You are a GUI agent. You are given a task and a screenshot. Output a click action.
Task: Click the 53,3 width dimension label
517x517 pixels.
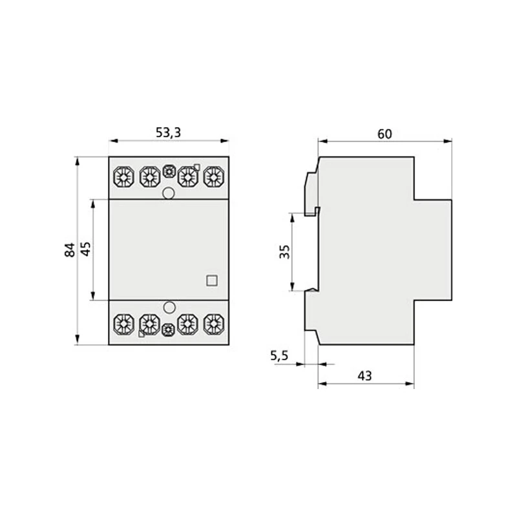[x=168, y=132]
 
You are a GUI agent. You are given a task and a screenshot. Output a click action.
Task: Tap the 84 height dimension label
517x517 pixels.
[x=70, y=249]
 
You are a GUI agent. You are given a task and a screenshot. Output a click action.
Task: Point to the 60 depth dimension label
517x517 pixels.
[x=385, y=134]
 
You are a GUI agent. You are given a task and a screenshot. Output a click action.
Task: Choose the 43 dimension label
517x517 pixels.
[x=364, y=375]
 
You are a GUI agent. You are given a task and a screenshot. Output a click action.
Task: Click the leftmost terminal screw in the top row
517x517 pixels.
[x=122, y=175]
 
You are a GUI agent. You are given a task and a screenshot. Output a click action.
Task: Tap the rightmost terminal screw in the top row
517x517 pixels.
[x=211, y=175]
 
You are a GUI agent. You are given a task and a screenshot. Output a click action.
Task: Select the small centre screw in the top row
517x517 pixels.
[x=169, y=172]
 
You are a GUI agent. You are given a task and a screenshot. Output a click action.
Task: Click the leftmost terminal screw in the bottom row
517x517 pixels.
[x=122, y=322]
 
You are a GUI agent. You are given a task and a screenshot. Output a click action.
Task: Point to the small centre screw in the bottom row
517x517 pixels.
[x=168, y=329]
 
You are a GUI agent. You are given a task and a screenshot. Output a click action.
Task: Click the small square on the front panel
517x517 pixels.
[x=211, y=280]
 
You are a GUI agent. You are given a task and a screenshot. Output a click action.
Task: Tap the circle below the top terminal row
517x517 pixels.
[x=169, y=193]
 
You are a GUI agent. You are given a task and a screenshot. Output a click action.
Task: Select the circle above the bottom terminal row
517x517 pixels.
[x=169, y=308]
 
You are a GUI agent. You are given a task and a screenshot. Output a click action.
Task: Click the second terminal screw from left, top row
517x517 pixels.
[x=149, y=175]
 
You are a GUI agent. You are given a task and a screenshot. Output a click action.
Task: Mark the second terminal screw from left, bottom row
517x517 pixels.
[x=149, y=322]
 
